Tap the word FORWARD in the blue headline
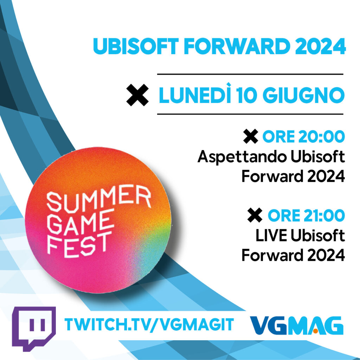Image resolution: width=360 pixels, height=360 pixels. [237, 46]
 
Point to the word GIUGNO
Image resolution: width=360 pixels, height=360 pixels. [304, 95]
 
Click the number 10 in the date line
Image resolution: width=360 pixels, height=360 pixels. [246, 95]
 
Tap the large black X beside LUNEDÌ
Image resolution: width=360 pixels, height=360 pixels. [137, 95]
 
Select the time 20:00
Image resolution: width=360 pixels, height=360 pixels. [322, 137]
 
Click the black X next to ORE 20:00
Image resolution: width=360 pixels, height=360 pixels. [250, 136]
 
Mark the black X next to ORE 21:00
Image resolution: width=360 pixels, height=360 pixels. [255, 215]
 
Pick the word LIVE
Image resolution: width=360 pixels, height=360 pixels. [271, 236]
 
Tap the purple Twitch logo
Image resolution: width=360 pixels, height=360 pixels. [34, 328]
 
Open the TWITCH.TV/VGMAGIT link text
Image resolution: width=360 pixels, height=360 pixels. [149, 324]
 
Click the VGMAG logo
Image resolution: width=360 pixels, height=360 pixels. [297, 325]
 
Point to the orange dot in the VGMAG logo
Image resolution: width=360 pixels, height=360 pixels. [315, 331]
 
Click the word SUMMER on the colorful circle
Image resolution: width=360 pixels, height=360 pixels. [99, 198]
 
